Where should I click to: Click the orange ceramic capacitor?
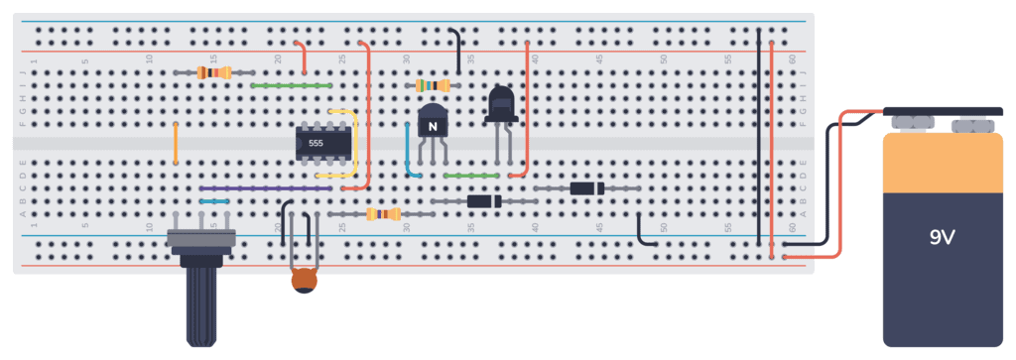pyautogui.click(x=305, y=282)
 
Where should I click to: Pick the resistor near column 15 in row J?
pyautogui.click(x=214, y=72)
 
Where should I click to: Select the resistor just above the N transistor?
pyautogui.click(x=434, y=86)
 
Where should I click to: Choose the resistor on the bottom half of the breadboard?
pyautogui.click(x=382, y=213)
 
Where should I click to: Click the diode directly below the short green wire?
pyautogui.click(x=484, y=201)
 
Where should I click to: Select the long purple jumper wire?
pyautogui.click(x=265, y=187)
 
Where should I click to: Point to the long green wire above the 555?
pyautogui.click(x=291, y=85)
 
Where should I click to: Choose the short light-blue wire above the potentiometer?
pyautogui.click(x=214, y=200)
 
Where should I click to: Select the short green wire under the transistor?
pyautogui.click(x=471, y=176)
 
